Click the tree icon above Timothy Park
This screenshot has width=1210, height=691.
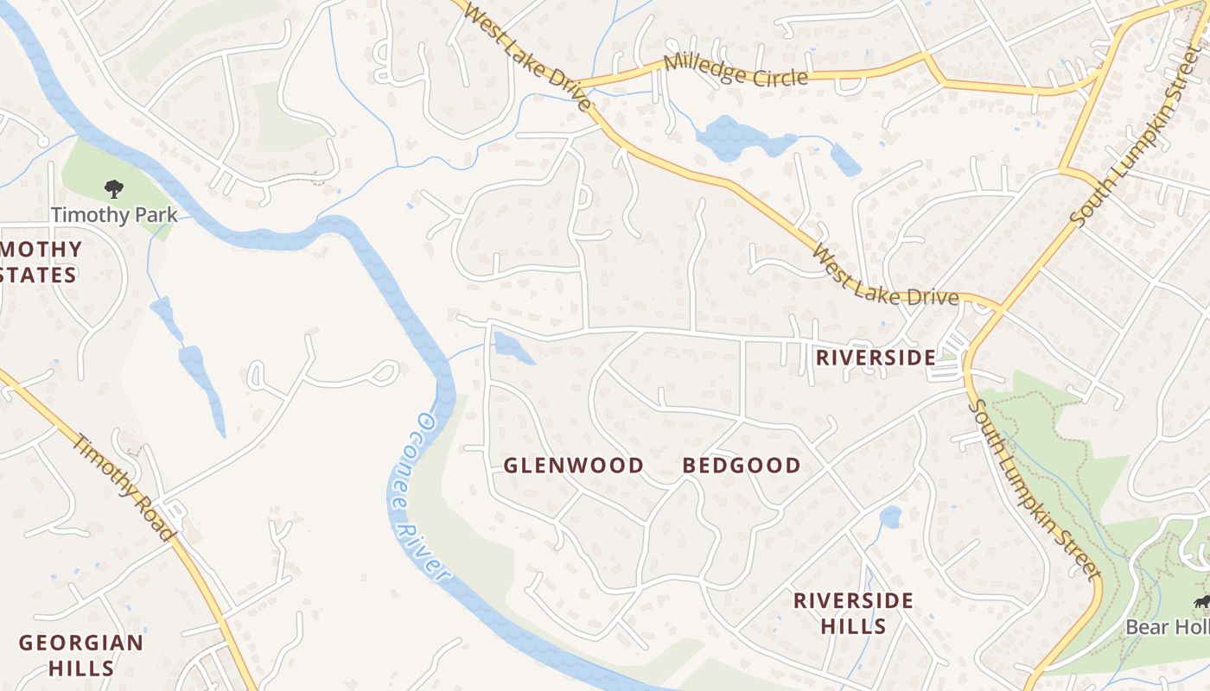point(113,188)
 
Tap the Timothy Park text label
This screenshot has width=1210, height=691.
point(113,215)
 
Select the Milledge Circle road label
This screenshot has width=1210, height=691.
point(736,71)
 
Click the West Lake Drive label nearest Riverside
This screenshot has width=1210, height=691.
point(886,276)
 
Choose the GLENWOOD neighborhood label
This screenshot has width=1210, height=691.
point(574,466)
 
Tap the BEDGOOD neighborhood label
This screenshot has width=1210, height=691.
point(742,466)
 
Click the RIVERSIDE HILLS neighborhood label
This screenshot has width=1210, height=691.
point(854,612)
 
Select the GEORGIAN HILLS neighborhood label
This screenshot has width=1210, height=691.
point(81,655)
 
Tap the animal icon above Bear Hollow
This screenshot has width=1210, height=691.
point(1200,602)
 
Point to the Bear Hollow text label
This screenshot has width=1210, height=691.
point(1167,627)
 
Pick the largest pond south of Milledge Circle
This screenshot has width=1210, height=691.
point(735,139)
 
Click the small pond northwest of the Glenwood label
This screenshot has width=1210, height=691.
point(511,349)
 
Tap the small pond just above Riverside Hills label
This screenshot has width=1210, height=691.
point(890,517)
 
